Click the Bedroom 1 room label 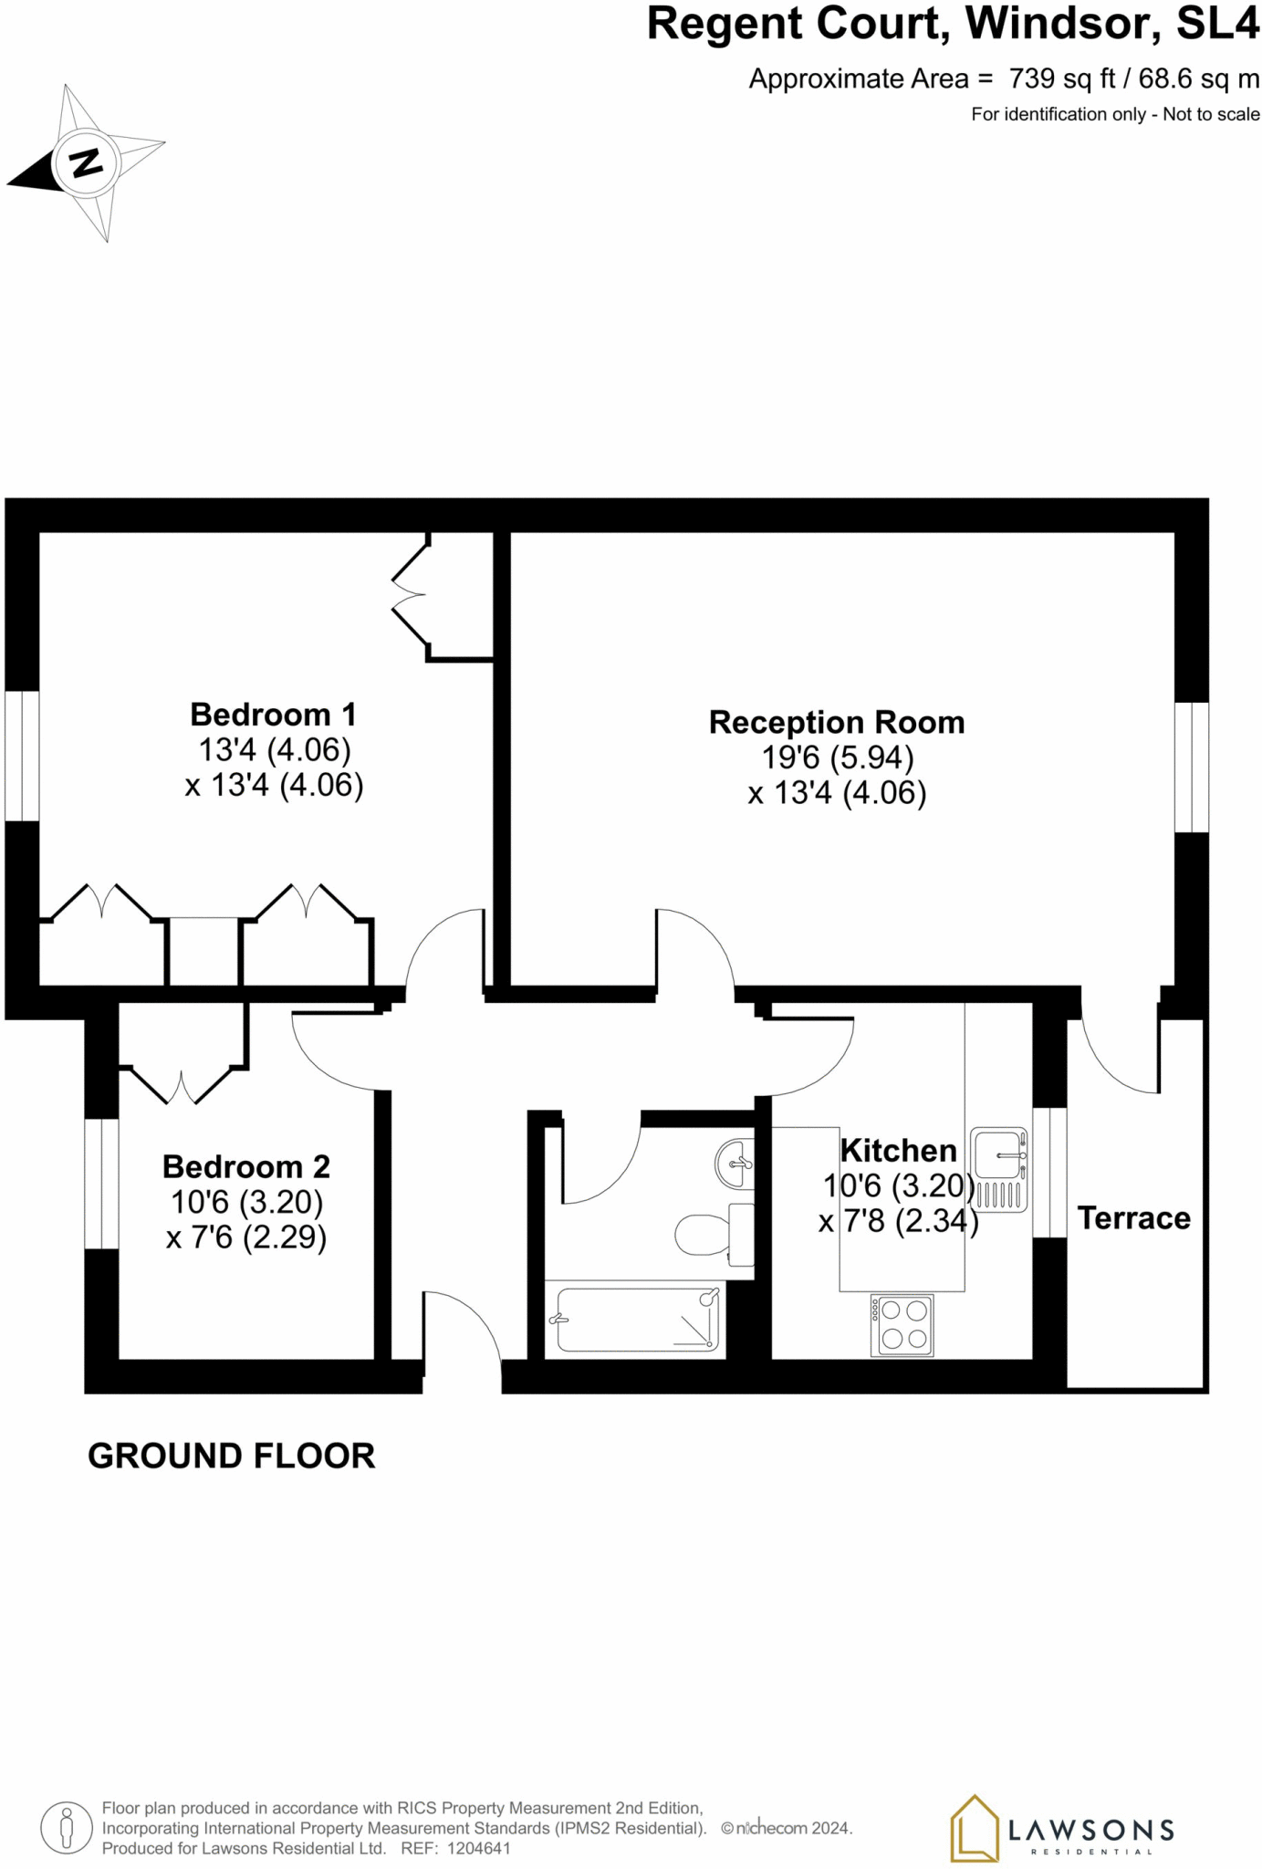coord(273,714)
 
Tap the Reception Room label coord(837,722)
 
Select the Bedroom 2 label coord(245,1166)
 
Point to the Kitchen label coord(898,1150)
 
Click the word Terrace coord(1133,1217)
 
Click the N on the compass coord(86,162)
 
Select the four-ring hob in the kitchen coord(902,1325)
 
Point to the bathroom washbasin coord(737,1164)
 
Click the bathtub coord(637,1320)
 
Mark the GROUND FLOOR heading coord(231,1456)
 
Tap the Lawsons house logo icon coord(974,1828)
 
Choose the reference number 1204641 coord(478,1848)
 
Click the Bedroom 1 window coord(22,756)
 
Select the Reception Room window coord(1191,767)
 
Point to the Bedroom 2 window coord(101,1183)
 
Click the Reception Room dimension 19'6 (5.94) coord(837,757)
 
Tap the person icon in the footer coord(67,1828)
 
